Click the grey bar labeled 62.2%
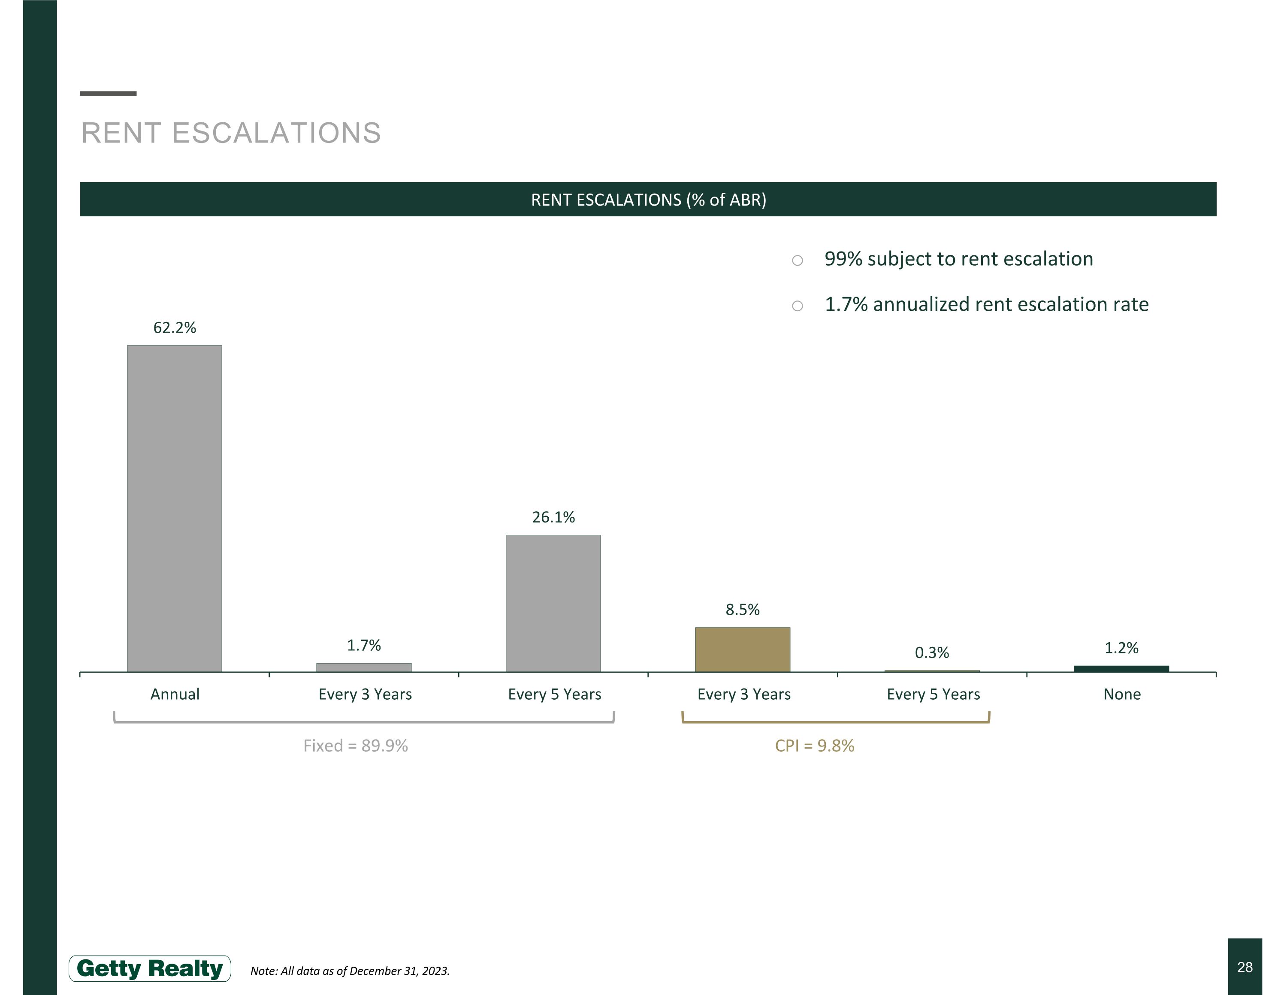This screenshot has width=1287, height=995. tap(175, 508)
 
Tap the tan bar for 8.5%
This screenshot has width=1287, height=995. tap(743, 649)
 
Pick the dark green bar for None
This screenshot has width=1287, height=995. tap(1121, 668)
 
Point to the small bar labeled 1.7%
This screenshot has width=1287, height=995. tap(364, 667)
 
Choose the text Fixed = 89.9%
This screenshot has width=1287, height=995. tap(355, 746)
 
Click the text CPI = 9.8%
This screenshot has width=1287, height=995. tap(814, 746)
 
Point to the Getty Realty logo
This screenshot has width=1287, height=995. tap(150, 968)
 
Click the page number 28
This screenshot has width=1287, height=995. tap(1245, 967)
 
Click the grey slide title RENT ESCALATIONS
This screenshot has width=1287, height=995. tap(231, 133)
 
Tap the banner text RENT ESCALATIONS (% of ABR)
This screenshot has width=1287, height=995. tap(648, 200)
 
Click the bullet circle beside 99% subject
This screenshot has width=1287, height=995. tap(798, 261)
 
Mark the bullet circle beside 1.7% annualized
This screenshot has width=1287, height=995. tap(798, 306)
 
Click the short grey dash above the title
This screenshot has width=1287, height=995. tap(108, 93)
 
